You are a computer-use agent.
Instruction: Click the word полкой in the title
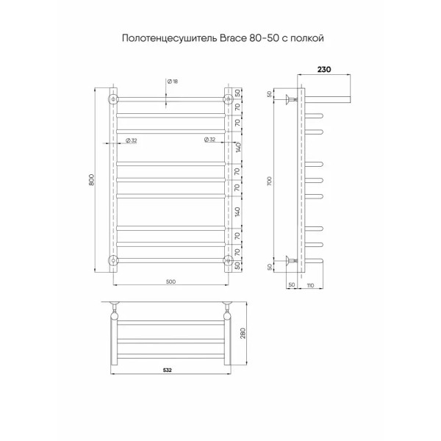[x=308, y=36]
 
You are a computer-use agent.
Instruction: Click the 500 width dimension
[x=171, y=281]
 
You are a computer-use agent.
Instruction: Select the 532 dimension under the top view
[x=168, y=370]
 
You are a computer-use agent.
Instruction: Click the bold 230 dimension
[x=323, y=70]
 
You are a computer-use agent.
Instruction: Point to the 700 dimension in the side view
[x=269, y=179]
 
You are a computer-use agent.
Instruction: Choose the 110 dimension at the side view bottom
[x=311, y=284]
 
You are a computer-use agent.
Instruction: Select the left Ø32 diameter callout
[x=130, y=140]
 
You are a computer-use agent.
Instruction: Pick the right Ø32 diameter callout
[x=210, y=140]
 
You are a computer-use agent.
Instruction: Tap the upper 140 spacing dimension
[x=238, y=147]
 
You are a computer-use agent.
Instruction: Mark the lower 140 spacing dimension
[x=238, y=212]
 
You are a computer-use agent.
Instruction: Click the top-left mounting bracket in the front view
[x=113, y=98]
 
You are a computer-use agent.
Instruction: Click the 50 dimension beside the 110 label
[x=291, y=284]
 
